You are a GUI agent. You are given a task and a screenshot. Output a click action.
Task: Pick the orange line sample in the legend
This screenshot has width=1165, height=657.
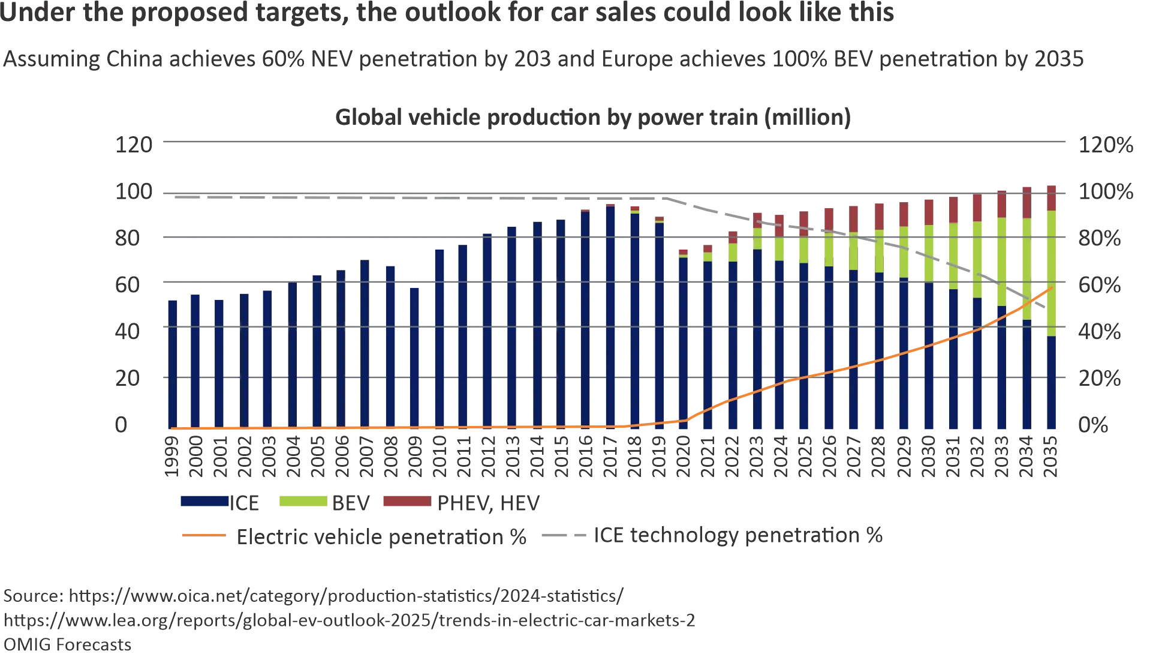coord(203,535)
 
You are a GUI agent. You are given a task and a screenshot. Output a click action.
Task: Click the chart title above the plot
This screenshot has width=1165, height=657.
coord(594,117)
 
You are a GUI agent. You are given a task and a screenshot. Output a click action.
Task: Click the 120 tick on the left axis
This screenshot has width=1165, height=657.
coord(134,145)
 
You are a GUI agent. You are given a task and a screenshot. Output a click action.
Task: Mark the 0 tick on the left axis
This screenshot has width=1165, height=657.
coord(122,426)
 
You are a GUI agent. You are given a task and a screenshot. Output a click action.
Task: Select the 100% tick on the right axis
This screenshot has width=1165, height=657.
coord(1107,194)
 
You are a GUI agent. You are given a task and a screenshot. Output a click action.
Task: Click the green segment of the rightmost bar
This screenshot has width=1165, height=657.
coord(1052,273)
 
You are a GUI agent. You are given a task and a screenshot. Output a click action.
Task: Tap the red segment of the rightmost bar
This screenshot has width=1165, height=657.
coord(1052,196)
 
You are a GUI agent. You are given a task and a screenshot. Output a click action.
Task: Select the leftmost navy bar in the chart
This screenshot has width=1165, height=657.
coord(172,363)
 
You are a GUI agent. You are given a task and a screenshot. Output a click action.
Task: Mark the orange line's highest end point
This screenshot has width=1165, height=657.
coord(1052,289)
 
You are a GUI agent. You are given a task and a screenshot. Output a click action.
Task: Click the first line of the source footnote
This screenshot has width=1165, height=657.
coord(312,597)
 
